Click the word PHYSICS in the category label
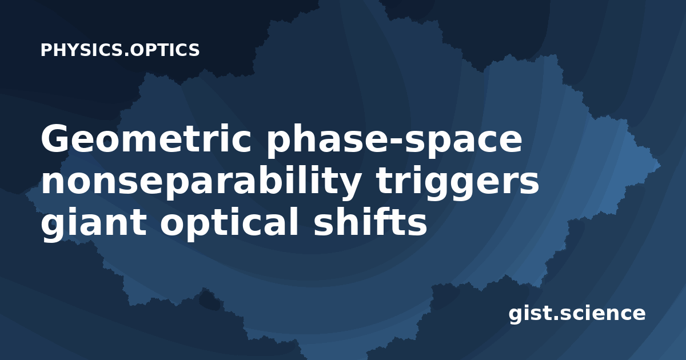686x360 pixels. pyautogui.click(x=82, y=50)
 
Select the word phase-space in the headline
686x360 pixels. pyautogui.click(x=394, y=140)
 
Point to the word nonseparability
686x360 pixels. pyautogui.click(x=201, y=182)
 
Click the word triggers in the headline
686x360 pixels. pyautogui.click(x=457, y=182)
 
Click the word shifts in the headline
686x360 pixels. pyautogui.click(x=370, y=221)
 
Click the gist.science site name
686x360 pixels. pyautogui.click(x=577, y=314)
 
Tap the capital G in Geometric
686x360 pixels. pyautogui.click(x=54, y=138)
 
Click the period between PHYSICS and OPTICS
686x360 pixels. pyautogui.click(x=126, y=55)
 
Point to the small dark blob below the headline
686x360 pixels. pyautogui.click(x=209, y=301)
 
